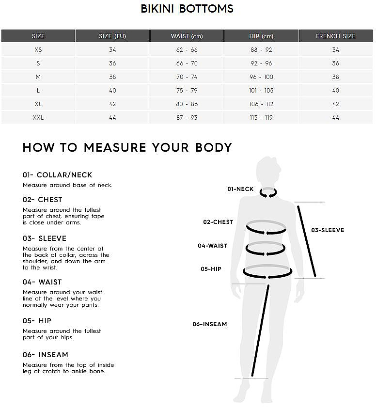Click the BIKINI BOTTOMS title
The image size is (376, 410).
point(187,9)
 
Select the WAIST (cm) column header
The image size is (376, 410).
point(187,36)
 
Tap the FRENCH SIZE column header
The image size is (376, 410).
point(335,36)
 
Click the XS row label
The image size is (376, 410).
point(38,50)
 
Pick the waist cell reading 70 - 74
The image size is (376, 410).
point(187,77)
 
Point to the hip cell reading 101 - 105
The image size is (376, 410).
point(261,91)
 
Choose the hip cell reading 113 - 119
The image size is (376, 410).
point(261,118)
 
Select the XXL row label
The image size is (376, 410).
point(38,118)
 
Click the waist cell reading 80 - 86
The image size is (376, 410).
point(187,104)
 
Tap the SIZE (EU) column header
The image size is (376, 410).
point(112,36)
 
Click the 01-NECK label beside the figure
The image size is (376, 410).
point(240,189)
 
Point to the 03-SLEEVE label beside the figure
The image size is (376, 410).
point(328,230)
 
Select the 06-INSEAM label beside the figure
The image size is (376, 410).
point(210,324)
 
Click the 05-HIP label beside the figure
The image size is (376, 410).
point(211,269)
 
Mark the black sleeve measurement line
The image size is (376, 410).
point(306,241)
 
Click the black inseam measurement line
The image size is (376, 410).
point(260,331)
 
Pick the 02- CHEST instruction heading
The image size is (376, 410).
point(42,200)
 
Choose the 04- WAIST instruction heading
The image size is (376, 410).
point(42,282)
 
